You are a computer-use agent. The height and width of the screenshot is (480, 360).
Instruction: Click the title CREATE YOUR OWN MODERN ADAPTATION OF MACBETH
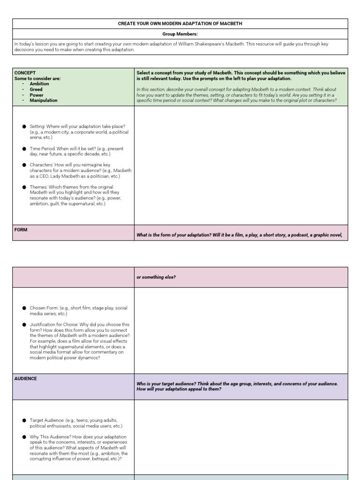[180, 23]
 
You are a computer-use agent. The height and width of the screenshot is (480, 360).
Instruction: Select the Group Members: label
[180, 34]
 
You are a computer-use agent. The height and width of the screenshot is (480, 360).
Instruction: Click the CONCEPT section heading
[25, 73]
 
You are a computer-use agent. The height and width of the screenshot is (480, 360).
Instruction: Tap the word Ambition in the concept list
[39, 84]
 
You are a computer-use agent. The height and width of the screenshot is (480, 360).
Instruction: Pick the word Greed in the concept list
[36, 89]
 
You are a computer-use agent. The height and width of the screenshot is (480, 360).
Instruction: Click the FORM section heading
[21, 230]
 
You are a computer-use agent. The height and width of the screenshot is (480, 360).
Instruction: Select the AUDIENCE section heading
[26, 379]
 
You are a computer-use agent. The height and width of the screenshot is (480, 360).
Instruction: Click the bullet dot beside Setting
[24, 127]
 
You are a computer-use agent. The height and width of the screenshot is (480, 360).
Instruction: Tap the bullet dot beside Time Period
[24, 149]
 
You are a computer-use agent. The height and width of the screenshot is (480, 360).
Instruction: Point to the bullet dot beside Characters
[24, 165]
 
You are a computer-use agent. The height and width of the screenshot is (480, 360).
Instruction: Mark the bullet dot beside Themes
[24, 187]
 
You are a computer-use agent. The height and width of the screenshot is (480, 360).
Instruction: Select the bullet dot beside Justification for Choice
[24, 324]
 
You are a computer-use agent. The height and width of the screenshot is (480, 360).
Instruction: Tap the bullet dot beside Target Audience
[24, 420]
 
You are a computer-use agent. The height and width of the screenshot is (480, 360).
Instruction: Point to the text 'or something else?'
[156, 277]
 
